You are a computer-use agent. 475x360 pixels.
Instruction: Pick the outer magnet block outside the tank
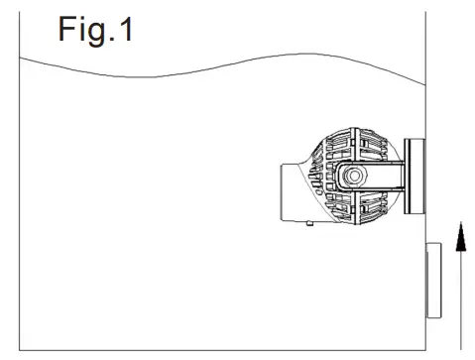(434, 280)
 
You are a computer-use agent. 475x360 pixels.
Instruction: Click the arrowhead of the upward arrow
(458, 237)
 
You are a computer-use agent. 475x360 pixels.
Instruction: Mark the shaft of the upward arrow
(458, 298)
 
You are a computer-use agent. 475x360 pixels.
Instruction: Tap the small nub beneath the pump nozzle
(310, 225)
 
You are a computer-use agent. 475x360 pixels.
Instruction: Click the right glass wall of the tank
(425, 99)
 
